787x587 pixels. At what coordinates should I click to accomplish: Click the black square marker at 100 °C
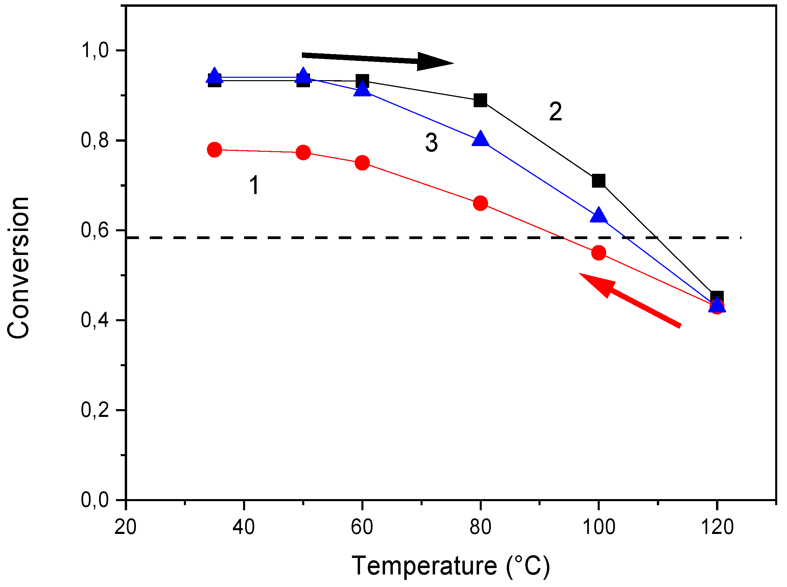598,181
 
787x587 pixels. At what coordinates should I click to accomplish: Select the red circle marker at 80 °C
480,203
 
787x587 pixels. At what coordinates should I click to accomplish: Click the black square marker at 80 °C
480,100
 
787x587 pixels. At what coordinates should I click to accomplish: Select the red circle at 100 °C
598,253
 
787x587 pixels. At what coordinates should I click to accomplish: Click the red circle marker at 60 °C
362,163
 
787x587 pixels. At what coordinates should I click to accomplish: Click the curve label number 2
555,112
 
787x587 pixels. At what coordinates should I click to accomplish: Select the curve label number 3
431,143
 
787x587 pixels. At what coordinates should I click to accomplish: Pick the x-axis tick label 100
599,527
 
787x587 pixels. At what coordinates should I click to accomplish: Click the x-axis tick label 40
244,527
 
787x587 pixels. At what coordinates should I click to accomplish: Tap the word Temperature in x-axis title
424,566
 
